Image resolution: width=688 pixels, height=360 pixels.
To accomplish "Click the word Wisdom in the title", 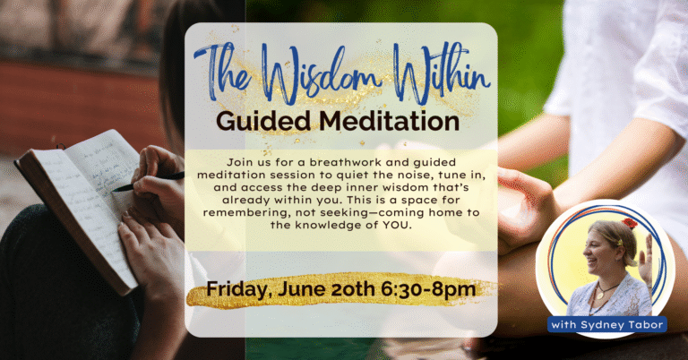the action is point(322,74).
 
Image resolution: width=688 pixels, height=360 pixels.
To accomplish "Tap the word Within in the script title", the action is point(441,73).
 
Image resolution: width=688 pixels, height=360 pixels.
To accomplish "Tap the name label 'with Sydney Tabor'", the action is point(607,324).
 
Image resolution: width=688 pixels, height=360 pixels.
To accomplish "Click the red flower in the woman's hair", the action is point(630,223).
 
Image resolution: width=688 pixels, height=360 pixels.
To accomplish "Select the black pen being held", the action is point(149,183).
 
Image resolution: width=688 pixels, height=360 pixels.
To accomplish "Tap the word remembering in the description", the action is point(246,212).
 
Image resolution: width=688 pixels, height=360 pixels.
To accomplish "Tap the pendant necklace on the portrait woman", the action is point(601,295).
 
